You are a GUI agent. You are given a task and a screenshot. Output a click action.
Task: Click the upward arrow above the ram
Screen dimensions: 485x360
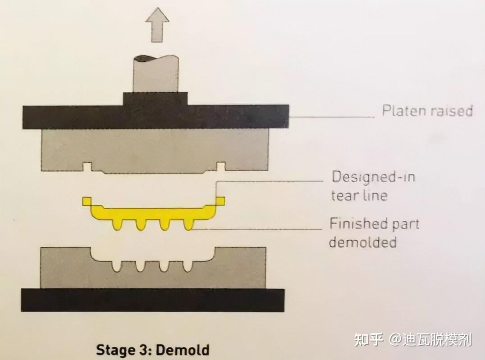157,25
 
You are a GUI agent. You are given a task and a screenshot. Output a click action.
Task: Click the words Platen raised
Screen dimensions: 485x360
427,110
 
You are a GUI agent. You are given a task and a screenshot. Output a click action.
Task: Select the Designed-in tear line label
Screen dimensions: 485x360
373,186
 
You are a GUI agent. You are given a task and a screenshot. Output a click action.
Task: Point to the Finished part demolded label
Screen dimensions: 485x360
374,232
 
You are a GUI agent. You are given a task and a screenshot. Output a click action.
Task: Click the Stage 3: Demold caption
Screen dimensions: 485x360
153,350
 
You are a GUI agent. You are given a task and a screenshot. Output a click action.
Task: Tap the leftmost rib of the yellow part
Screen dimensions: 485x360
117,224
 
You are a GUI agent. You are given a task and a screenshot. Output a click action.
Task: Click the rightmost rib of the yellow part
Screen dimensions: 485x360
188,224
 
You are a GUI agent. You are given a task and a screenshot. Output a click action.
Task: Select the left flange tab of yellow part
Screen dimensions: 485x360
87,201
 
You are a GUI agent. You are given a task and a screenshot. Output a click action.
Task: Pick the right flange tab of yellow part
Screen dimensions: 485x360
220,201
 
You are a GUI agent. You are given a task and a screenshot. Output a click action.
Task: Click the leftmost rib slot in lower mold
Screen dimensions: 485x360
117,266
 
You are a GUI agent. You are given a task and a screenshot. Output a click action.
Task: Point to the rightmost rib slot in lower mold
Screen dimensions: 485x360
188,266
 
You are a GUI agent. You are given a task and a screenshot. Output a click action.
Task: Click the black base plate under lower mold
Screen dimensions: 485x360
153,300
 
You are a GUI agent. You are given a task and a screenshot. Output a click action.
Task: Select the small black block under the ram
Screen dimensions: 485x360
155,99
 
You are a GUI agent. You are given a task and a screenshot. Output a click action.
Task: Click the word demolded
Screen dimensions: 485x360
362,242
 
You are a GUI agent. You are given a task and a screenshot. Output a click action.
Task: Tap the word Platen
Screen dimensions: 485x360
400,110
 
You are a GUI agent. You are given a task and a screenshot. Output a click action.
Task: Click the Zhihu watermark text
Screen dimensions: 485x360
413,339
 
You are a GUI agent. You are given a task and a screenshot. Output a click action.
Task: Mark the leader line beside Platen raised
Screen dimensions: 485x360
332,117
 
